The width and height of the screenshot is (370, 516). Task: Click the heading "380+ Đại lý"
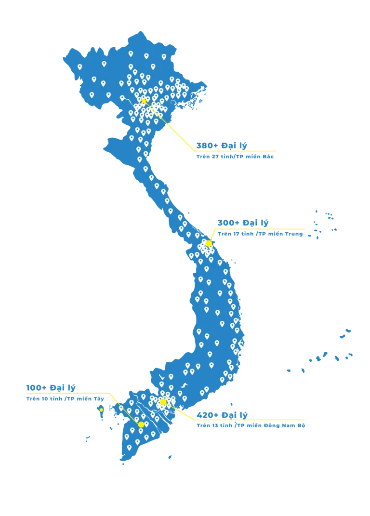[222, 146]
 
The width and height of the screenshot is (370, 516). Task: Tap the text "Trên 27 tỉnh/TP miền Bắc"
[235, 156]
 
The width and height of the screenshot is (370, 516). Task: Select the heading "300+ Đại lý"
[243, 223]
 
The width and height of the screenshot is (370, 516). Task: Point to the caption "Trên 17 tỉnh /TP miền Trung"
[260, 234]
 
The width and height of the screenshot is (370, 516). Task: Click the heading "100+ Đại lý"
[51, 388]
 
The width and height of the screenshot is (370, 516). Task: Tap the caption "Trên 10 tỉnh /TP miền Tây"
[65, 398]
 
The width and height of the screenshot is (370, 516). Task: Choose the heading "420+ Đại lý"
[222, 415]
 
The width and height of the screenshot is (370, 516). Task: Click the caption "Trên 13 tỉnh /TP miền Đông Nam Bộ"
[251, 425]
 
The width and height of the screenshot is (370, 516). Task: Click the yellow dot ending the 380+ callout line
[144, 101]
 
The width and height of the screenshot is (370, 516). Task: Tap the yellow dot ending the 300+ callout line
[209, 244]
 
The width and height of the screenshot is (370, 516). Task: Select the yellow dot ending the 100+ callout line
[141, 424]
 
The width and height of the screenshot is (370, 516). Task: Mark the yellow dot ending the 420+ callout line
[163, 402]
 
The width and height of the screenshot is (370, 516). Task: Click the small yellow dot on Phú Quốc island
[101, 410]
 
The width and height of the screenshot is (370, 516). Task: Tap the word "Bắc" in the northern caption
[268, 156]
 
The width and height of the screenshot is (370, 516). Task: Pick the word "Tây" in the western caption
[99, 398]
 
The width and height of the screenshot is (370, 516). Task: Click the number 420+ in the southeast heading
[208, 415]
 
